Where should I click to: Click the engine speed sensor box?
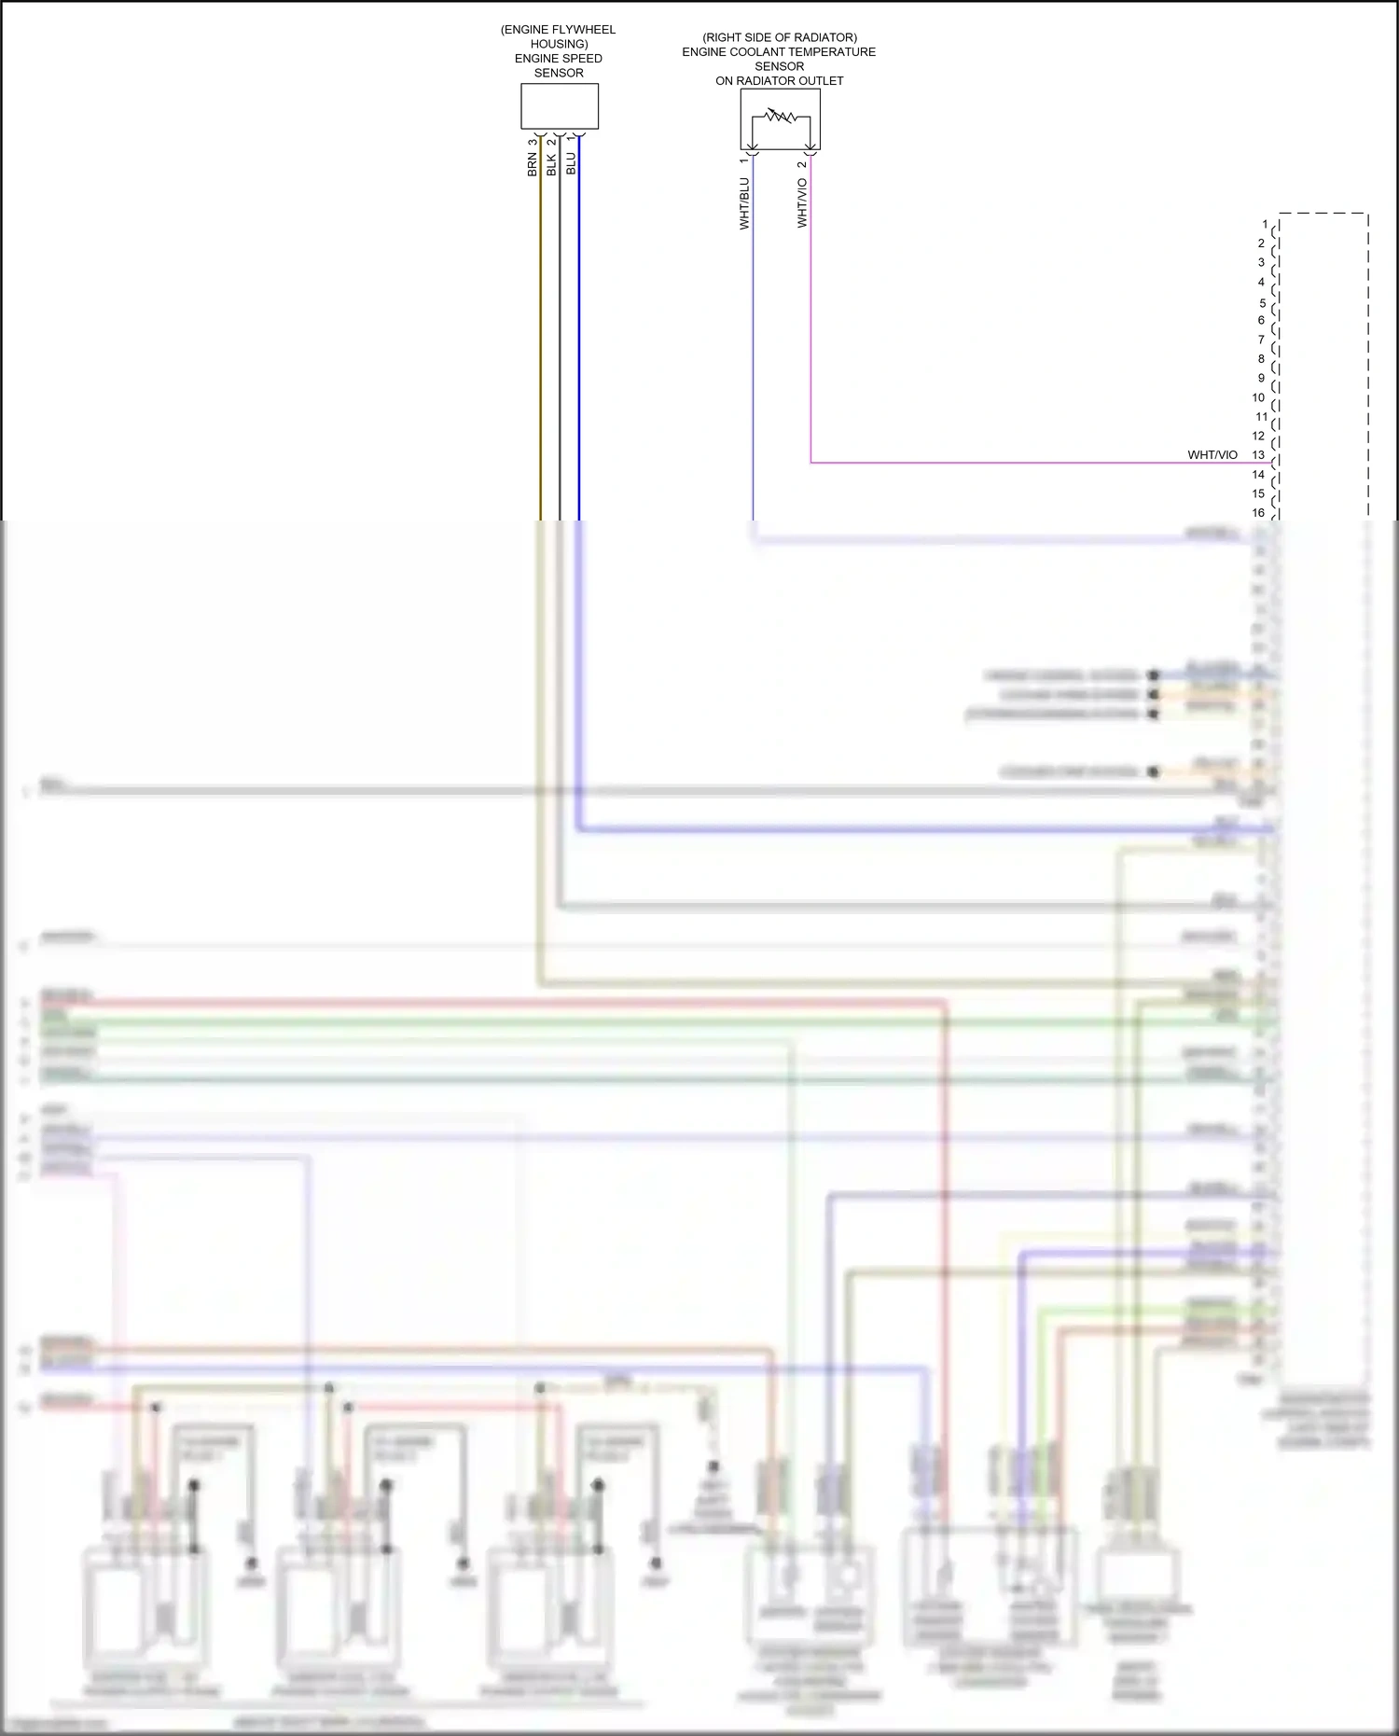[x=559, y=106]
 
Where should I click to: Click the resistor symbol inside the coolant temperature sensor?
[x=780, y=118]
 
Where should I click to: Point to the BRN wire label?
[x=533, y=165]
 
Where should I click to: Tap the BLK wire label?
[x=551, y=165]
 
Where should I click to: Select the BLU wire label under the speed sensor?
[x=571, y=164]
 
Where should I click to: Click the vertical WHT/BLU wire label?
[x=744, y=203]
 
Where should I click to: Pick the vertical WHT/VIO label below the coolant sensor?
[x=802, y=203]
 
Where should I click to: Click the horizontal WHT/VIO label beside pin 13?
[x=1212, y=455]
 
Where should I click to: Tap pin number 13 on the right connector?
[x=1258, y=455]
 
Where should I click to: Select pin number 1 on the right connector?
[x=1265, y=224]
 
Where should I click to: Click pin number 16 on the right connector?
[x=1258, y=512]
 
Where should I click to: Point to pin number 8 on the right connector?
[x=1261, y=358]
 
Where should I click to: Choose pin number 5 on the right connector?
[x=1263, y=303]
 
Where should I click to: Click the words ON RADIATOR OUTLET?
[x=779, y=81]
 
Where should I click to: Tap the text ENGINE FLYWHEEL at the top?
[x=560, y=30]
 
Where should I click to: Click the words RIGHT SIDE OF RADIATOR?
[x=780, y=37]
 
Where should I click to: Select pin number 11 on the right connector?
[x=1261, y=417]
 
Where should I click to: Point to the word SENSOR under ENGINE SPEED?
[x=559, y=73]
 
